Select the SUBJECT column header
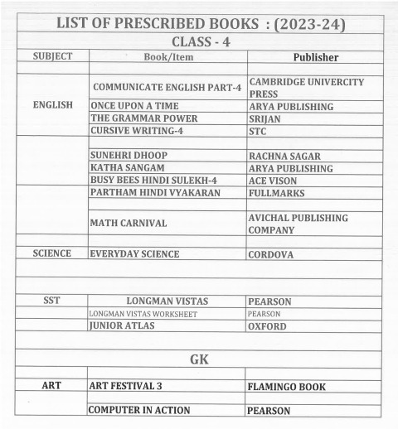52,56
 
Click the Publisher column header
314,57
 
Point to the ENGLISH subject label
52,106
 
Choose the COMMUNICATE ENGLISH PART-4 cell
167,87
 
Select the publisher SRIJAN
266,118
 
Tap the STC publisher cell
258,131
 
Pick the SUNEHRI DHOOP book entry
129,156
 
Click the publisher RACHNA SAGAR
285,156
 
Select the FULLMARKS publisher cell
276,193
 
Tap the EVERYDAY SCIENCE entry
136,254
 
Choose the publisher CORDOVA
271,255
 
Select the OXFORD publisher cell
268,326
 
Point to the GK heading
199,359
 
